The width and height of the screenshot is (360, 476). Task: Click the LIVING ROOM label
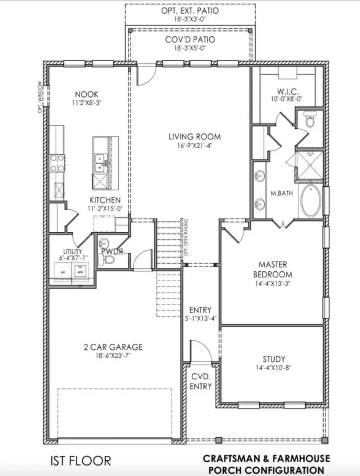(194, 137)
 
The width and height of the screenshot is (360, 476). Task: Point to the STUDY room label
(274, 359)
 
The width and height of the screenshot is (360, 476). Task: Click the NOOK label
(86, 94)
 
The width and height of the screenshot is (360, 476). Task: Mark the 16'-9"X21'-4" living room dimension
(194, 146)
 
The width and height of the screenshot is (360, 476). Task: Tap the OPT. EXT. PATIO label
(190, 11)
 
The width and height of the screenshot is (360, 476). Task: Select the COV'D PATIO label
(190, 40)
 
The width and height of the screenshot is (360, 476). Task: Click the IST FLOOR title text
(80, 461)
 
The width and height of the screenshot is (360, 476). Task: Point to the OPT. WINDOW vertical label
(40, 97)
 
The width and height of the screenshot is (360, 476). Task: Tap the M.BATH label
(281, 194)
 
